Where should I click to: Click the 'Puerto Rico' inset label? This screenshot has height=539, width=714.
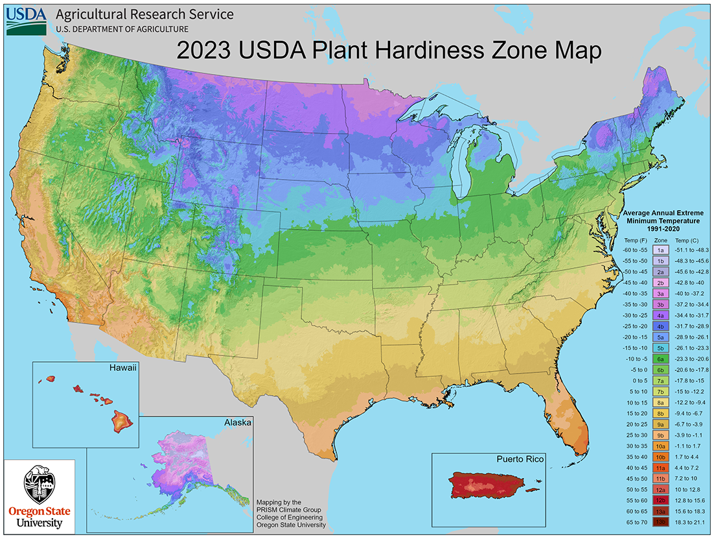tap(520, 459)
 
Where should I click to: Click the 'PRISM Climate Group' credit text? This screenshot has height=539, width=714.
tap(292, 509)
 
